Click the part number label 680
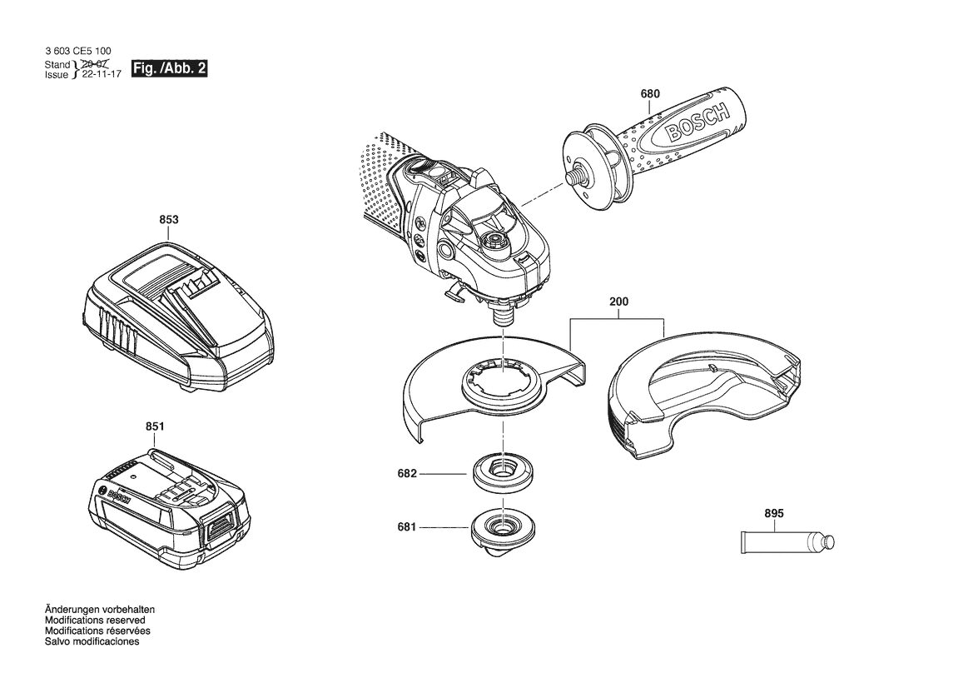pyautogui.click(x=650, y=94)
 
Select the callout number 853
pyautogui.click(x=169, y=220)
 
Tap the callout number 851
pyautogui.click(x=155, y=427)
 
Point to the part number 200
pyautogui.click(x=618, y=302)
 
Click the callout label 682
pyautogui.click(x=407, y=474)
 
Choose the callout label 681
pyautogui.click(x=407, y=528)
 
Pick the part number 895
pyautogui.click(x=774, y=514)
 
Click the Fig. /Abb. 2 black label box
pyautogui.click(x=170, y=68)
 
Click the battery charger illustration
pyautogui.click(x=178, y=316)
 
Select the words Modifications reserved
pyautogui.click(x=95, y=621)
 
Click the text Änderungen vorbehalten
pyautogui.click(x=100, y=610)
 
